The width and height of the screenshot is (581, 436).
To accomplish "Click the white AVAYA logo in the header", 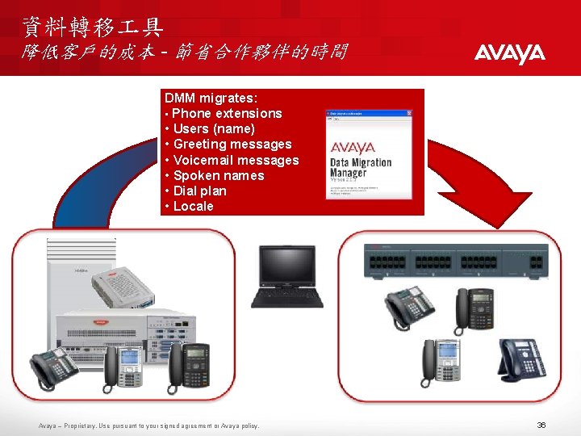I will click(x=509, y=54).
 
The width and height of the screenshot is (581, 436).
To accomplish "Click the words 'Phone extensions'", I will click(x=227, y=114).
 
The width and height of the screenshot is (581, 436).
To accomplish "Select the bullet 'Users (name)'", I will click(x=214, y=129).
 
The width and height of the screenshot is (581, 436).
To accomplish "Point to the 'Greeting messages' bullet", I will click(x=232, y=145).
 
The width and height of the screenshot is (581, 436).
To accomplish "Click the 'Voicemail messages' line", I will click(x=236, y=160).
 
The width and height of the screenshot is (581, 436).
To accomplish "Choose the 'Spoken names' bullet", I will click(x=219, y=175).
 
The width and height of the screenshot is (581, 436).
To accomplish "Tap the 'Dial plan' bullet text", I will click(x=200, y=191).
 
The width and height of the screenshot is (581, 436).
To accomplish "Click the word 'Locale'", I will click(x=194, y=206).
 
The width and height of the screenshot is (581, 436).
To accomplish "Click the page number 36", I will click(x=541, y=425).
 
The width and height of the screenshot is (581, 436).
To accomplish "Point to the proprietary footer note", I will click(x=149, y=426).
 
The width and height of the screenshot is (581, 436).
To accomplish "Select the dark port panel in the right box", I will click(x=456, y=262).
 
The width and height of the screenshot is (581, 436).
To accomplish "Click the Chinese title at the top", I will click(x=93, y=28).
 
